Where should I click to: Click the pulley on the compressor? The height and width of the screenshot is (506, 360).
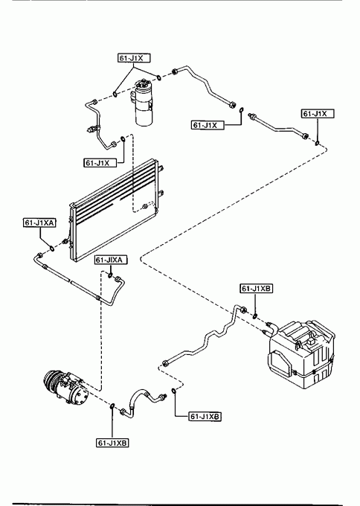click(51, 382)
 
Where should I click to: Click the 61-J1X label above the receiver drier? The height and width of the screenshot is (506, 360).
click(134, 58)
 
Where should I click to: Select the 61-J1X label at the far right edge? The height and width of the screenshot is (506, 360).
click(318, 114)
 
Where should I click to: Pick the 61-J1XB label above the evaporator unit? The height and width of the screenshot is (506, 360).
click(257, 289)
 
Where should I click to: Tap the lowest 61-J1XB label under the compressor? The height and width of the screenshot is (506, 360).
click(112, 443)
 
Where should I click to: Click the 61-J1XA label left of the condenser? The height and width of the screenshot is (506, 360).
click(39, 222)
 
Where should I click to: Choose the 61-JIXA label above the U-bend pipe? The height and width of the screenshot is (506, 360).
click(111, 260)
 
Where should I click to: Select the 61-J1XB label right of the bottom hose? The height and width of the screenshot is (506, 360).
click(205, 417)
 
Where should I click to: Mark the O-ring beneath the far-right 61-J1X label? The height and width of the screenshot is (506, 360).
click(318, 143)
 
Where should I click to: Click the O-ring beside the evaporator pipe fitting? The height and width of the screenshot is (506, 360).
click(255, 316)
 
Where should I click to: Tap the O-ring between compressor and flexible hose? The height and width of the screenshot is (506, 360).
click(112, 406)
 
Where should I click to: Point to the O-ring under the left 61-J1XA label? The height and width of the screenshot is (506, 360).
click(51, 249)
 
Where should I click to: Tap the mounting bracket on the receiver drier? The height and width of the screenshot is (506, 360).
click(133, 97)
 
